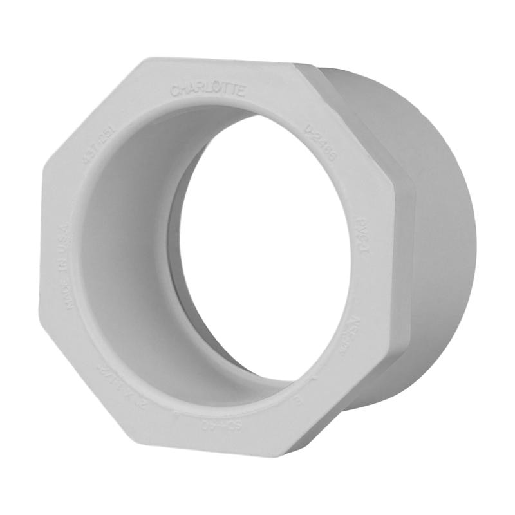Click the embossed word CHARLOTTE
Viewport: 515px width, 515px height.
click(208, 90)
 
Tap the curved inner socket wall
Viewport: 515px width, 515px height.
click(129, 257)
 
